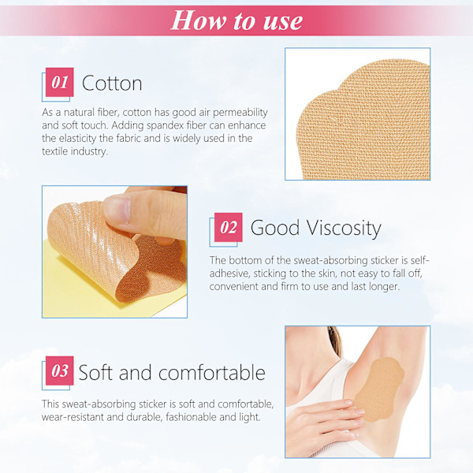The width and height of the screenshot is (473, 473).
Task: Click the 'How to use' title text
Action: [x=236, y=20]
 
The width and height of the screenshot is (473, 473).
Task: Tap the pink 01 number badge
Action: [x=59, y=82]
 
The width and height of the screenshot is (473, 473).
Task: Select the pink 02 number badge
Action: [x=229, y=227]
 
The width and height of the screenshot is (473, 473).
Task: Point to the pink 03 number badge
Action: [x=59, y=371]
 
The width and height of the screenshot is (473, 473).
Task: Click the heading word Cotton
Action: [x=112, y=84]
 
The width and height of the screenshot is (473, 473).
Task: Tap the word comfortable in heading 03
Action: [x=212, y=372]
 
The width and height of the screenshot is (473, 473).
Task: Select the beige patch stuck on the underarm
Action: [x=378, y=389]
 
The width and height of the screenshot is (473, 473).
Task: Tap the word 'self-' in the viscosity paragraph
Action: [x=419, y=260]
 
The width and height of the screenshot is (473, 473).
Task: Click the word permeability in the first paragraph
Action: [x=240, y=113]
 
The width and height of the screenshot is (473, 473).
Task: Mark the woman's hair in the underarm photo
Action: [x=334, y=339]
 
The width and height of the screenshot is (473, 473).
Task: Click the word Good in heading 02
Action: [x=275, y=228]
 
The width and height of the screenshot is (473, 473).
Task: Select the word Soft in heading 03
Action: [x=96, y=372]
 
